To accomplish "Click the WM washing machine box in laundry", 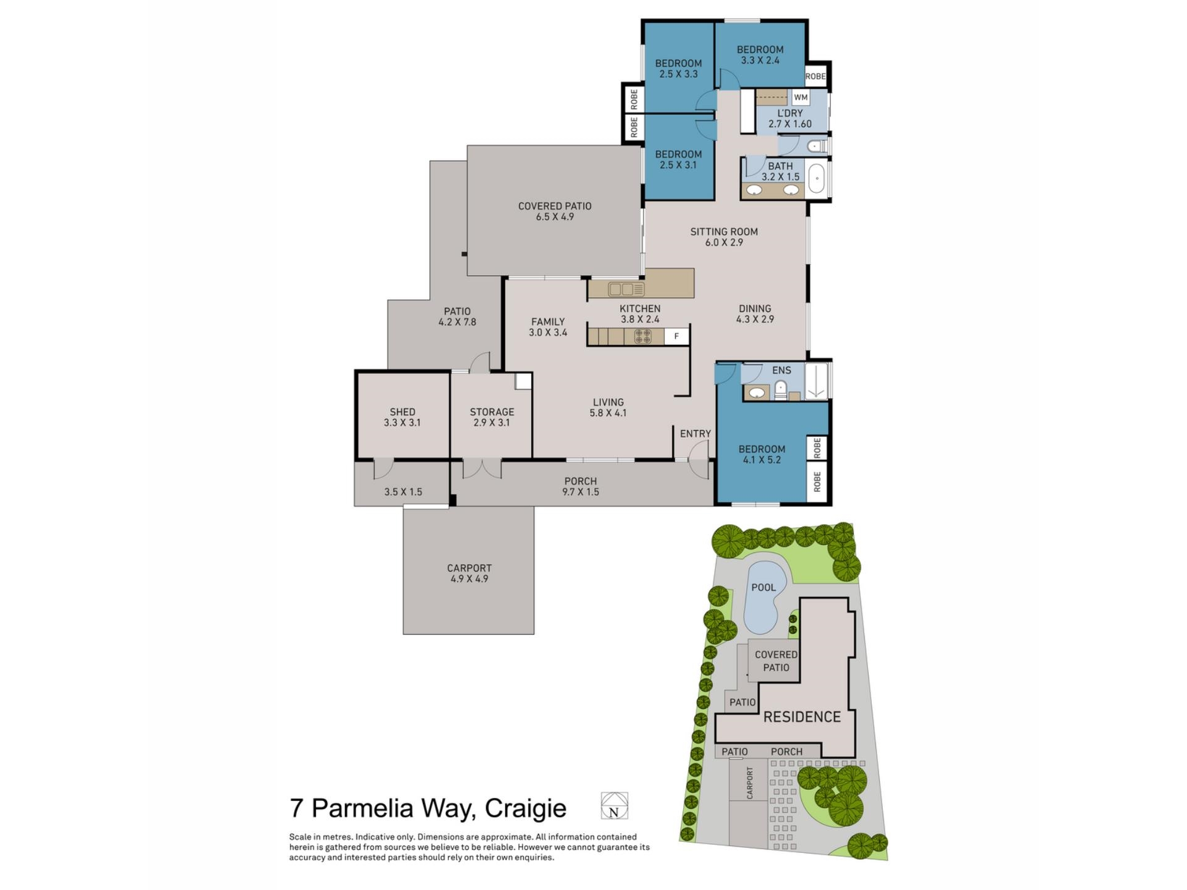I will coord(801,98).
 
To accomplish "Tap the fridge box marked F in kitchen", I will coord(676,336).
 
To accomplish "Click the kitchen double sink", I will coord(626,289).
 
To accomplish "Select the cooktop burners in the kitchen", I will coord(642,336).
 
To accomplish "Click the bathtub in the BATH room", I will coord(817,179).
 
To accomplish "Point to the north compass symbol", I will coord(614,806).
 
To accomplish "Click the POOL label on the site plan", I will coord(763,587).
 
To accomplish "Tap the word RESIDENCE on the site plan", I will coord(802,717).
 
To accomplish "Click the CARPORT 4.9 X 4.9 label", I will coord(469,573).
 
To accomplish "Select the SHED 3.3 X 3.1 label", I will coord(402,417).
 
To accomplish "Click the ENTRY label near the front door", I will coord(695,434).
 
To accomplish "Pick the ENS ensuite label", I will coord(781,370).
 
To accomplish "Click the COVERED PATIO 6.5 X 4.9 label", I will coord(555,211).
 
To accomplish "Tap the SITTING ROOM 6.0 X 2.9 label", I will coord(724,237).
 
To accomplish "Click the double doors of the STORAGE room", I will coord(482,468).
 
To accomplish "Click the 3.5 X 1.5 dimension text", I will coord(403,492).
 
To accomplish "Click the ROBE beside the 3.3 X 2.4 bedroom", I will coord(815,77).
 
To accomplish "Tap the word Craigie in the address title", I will coord(525,808).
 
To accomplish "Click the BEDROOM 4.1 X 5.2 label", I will coord(762,454).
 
